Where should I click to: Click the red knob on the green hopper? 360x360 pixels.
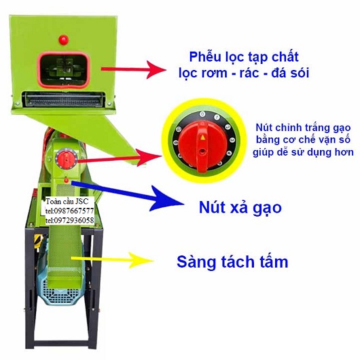[64, 39]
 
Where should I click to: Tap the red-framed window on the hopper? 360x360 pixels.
[64, 70]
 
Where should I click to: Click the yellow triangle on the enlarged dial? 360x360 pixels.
[202, 137]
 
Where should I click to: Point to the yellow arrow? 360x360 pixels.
[112, 260]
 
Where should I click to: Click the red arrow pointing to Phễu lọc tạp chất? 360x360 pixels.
[134, 70]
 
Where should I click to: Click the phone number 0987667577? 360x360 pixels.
[73, 211]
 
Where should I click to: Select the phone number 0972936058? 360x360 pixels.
[73, 220]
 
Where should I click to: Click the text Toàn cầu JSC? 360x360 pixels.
[67, 201]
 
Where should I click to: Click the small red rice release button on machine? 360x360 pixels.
[67, 180]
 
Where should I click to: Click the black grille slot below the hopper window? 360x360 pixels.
[64, 100]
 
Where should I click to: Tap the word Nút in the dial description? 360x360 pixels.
[265, 128]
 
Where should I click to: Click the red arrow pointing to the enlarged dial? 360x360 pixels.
[120, 158]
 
